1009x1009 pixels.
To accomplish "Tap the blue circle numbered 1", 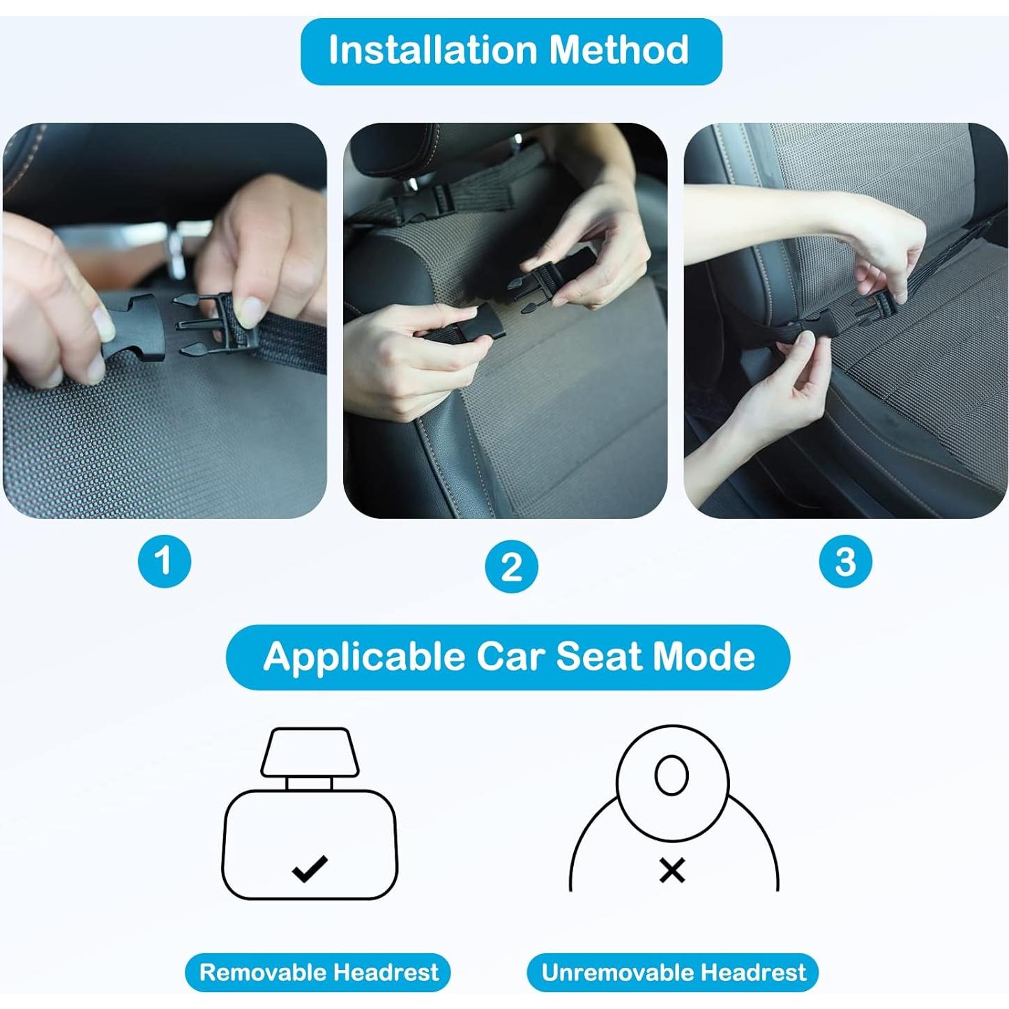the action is click(x=164, y=561).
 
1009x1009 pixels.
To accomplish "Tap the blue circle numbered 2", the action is click(x=512, y=566).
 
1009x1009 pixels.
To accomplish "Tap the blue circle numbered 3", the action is click(x=845, y=561).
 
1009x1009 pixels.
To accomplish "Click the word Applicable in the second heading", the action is click(x=364, y=657).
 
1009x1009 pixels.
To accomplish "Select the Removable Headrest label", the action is click(x=318, y=957).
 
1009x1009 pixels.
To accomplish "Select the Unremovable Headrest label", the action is click(x=673, y=957).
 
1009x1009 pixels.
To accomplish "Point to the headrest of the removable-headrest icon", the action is click(x=310, y=752).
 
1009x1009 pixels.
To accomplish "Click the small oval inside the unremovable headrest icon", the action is click(x=672, y=775).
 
